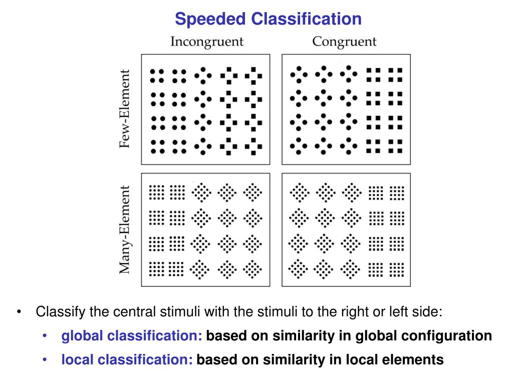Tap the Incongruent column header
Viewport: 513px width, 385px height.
click(x=207, y=42)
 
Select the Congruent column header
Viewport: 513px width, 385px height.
click(x=344, y=42)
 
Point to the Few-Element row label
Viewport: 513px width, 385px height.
click(x=125, y=109)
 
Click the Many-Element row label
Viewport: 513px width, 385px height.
click(x=125, y=230)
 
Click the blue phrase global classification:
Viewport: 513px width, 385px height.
click(x=132, y=336)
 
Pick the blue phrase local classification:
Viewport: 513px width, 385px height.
click(x=127, y=360)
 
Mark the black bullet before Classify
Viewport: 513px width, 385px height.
click(x=19, y=312)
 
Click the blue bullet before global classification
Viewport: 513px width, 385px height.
click(x=46, y=336)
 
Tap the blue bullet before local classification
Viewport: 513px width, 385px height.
click(x=46, y=360)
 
